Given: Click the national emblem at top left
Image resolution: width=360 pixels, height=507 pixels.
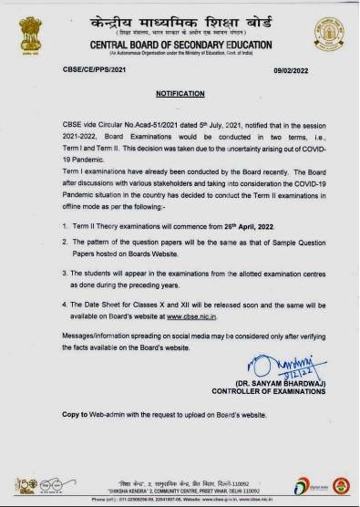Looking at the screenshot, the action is coord(26,28).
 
